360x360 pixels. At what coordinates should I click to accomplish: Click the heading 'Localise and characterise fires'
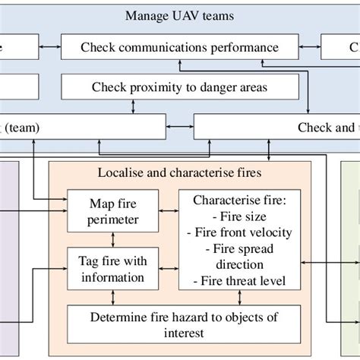(x=179, y=172)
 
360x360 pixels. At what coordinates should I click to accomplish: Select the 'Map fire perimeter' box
(x=115, y=212)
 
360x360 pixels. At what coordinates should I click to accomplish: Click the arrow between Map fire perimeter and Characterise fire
(x=169, y=212)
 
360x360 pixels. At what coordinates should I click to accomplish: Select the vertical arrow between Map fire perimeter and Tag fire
(x=115, y=239)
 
